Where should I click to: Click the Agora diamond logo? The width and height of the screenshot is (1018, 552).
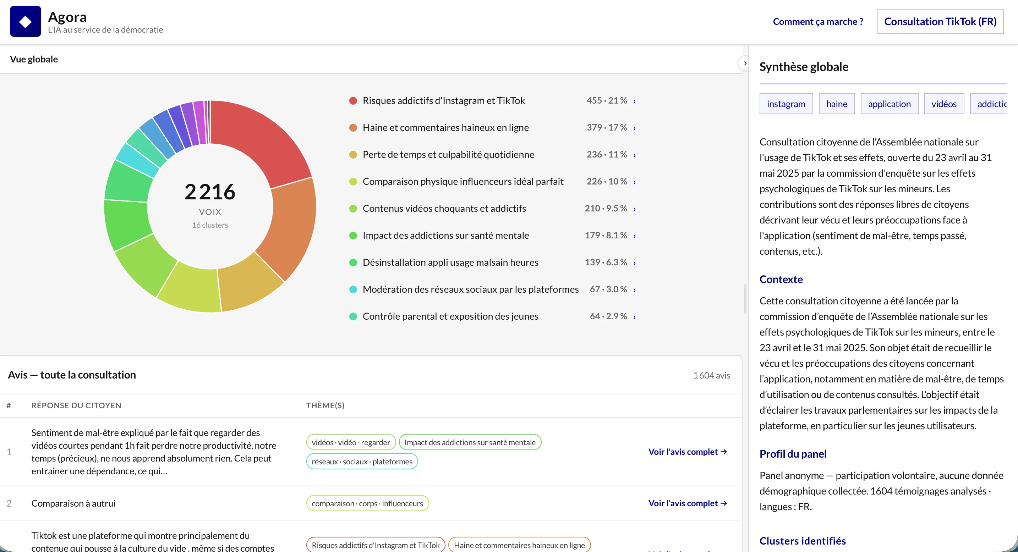pyautogui.click(x=25, y=21)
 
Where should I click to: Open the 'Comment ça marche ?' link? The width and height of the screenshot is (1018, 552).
pyautogui.click(x=818, y=21)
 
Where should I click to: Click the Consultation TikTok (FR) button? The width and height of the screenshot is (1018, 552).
pyautogui.click(x=940, y=21)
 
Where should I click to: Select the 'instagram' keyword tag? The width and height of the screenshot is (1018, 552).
pyautogui.click(x=786, y=104)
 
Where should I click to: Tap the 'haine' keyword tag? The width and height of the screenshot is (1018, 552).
pyautogui.click(x=837, y=104)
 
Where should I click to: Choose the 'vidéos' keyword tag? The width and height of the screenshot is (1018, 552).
pyautogui.click(x=944, y=104)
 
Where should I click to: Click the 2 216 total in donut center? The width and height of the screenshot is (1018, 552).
pyautogui.click(x=210, y=192)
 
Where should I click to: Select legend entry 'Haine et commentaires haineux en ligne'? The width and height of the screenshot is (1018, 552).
pyautogui.click(x=445, y=128)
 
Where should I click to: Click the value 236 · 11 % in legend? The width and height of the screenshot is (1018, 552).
pyautogui.click(x=607, y=154)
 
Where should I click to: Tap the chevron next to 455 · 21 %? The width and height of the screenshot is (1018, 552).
pyautogui.click(x=634, y=101)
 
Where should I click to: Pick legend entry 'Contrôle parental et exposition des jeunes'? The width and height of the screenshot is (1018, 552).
pyautogui.click(x=450, y=316)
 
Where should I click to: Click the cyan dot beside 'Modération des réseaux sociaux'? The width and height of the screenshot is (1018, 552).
pyautogui.click(x=353, y=289)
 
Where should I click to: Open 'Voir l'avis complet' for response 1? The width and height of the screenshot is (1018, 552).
pyautogui.click(x=688, y=452)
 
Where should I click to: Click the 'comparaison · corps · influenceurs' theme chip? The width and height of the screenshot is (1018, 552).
pyautogui.click(x=367, y=503)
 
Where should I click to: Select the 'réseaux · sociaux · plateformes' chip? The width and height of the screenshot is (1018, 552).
pyautogui.click(x=362, y=462)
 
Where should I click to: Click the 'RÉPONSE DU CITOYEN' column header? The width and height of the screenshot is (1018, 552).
pyautogui.click(x=76, y=405)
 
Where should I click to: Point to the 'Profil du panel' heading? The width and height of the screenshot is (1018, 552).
pyautogui.click(x=793, y=454)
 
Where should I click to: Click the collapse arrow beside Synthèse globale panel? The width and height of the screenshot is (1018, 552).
pyautogui.click(x=745, y=63)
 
